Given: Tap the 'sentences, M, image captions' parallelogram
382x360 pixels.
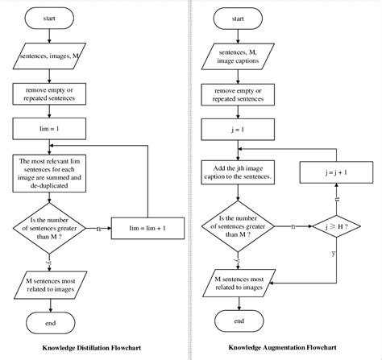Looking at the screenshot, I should [x=239, y=56].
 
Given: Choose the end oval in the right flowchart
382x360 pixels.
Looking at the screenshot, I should [x=239, y=321].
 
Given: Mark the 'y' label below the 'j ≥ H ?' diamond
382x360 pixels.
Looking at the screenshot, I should [x=333, y=254].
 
